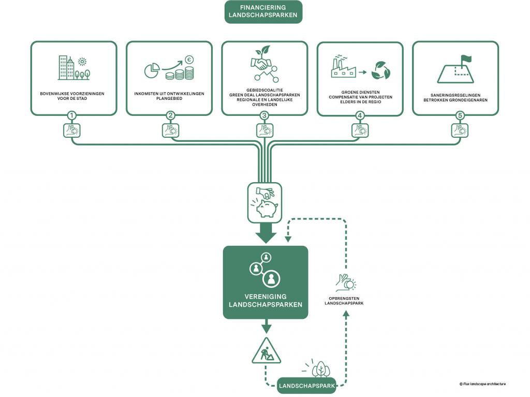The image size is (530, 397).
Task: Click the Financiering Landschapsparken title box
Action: coord(263,11)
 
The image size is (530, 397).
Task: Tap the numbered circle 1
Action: coord(71,115)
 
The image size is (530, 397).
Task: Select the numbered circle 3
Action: coord(264,115)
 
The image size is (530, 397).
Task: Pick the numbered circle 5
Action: coord(460,115)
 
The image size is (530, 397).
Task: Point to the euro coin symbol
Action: coord(189,60)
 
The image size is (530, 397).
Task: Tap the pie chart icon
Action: coord(152,70)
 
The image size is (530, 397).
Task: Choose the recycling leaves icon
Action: coord(380,70)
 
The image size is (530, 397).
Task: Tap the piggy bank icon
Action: coord(267,208)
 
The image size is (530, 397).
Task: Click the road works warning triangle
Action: coord(267,350)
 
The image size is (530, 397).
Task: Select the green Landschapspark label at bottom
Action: coord(306,386)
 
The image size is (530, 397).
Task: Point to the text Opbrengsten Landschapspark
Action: coord(344,301)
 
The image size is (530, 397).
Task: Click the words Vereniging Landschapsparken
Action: coord(266,301)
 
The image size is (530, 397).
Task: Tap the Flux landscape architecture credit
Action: coord(482,384)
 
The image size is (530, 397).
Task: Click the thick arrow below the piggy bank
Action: coord(266,233)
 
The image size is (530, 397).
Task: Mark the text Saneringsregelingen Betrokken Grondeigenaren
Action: coord(455,98)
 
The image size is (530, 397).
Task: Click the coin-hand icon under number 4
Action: coord(360,130)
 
